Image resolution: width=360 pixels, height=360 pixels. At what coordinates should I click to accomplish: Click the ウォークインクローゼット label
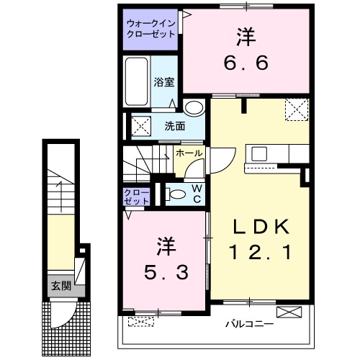click(150, 28)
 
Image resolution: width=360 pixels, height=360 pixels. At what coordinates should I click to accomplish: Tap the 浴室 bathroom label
click(164, 82)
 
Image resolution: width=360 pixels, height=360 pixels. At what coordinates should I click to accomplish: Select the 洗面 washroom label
click(174, 126)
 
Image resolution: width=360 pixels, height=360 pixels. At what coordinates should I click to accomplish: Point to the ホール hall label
click(189, 153)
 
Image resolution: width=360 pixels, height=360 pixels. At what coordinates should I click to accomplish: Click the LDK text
click(259, 228)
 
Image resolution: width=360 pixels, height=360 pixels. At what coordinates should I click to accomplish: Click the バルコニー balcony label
click(249, 324)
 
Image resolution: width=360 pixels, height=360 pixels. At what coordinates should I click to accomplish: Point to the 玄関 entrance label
click(61, 285)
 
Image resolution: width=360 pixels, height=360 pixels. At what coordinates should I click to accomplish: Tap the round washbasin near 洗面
click(192, 109)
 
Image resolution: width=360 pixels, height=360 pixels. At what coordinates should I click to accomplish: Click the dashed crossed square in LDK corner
click(296, 110)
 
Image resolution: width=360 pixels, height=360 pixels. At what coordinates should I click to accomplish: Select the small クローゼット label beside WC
click(136, 197)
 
